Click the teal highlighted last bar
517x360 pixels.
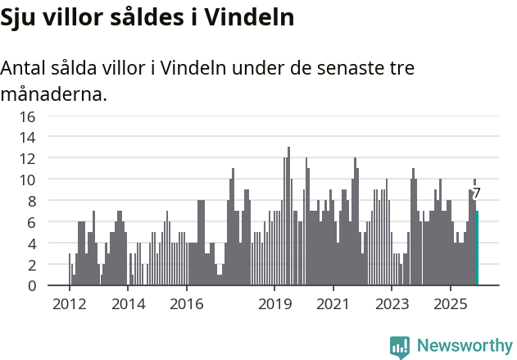(478, 248)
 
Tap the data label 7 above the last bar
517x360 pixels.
(477, 194)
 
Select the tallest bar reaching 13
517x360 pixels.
(288, 216)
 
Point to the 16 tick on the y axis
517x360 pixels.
(28, 116)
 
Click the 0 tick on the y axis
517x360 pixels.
(32, 286)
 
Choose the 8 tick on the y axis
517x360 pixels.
(32, 201)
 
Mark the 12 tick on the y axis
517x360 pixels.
(28, 158)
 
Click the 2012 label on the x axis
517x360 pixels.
(70, 304)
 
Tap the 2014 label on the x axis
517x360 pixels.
(128, 304)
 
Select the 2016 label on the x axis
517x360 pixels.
(187, 304)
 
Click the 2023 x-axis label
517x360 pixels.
(392, 304)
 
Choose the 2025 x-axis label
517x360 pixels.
(451, 304)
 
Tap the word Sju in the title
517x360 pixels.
(18, 17)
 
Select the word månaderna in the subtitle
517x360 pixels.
(53, 94)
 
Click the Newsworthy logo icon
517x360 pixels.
(400, 347)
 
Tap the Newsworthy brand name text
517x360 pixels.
(464, 346)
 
